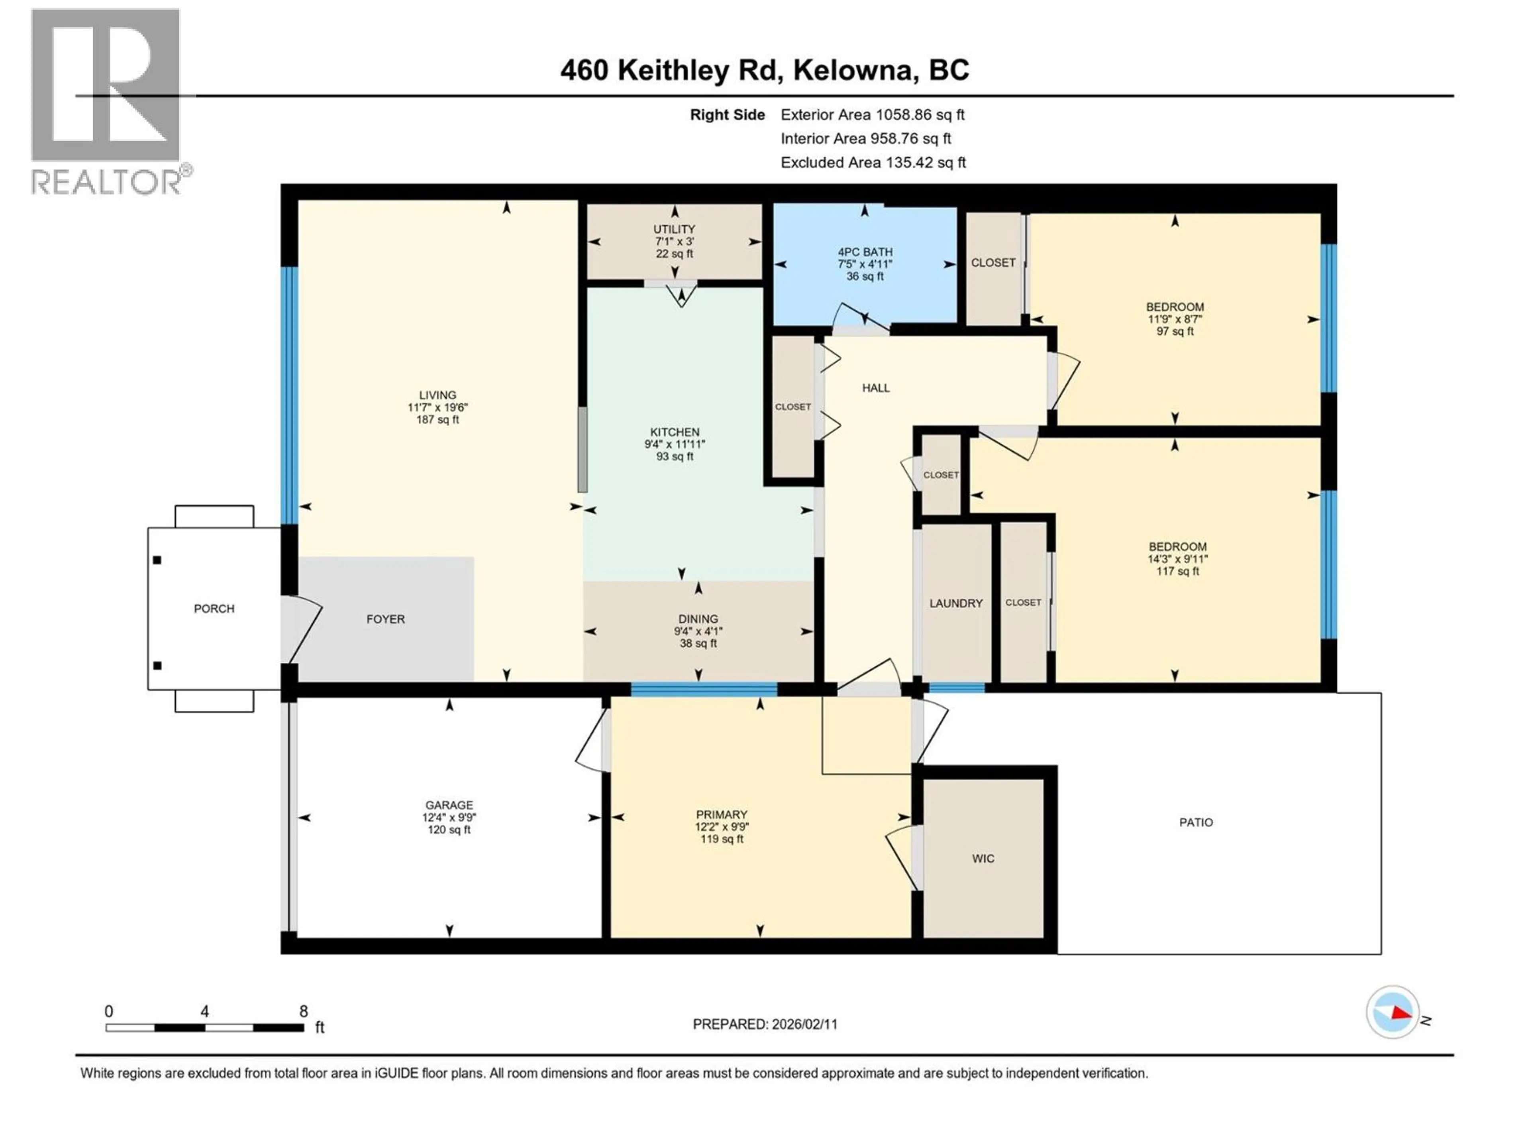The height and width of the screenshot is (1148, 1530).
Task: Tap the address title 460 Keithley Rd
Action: (764, 70)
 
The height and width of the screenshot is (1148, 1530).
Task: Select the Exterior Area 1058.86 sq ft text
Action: (872, 115)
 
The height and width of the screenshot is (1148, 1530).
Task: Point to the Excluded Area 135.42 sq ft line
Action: (873, 163)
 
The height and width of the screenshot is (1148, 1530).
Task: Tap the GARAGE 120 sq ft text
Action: (449, 830)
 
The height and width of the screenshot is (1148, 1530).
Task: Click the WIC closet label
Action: (983, 859)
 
